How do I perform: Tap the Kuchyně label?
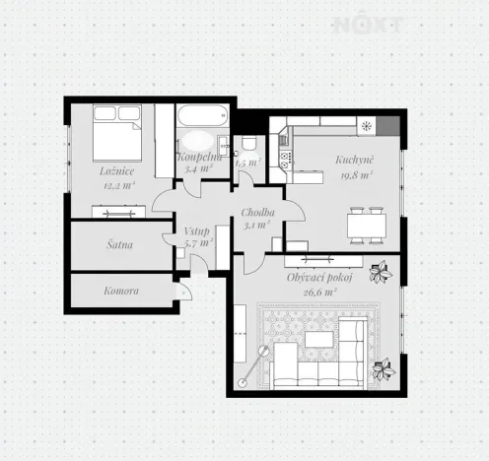[x=353, y=160]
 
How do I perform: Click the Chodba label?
[x=258, y=213]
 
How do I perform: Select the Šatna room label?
[x=120, y=243]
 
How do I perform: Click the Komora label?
[x=121, y=291]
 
